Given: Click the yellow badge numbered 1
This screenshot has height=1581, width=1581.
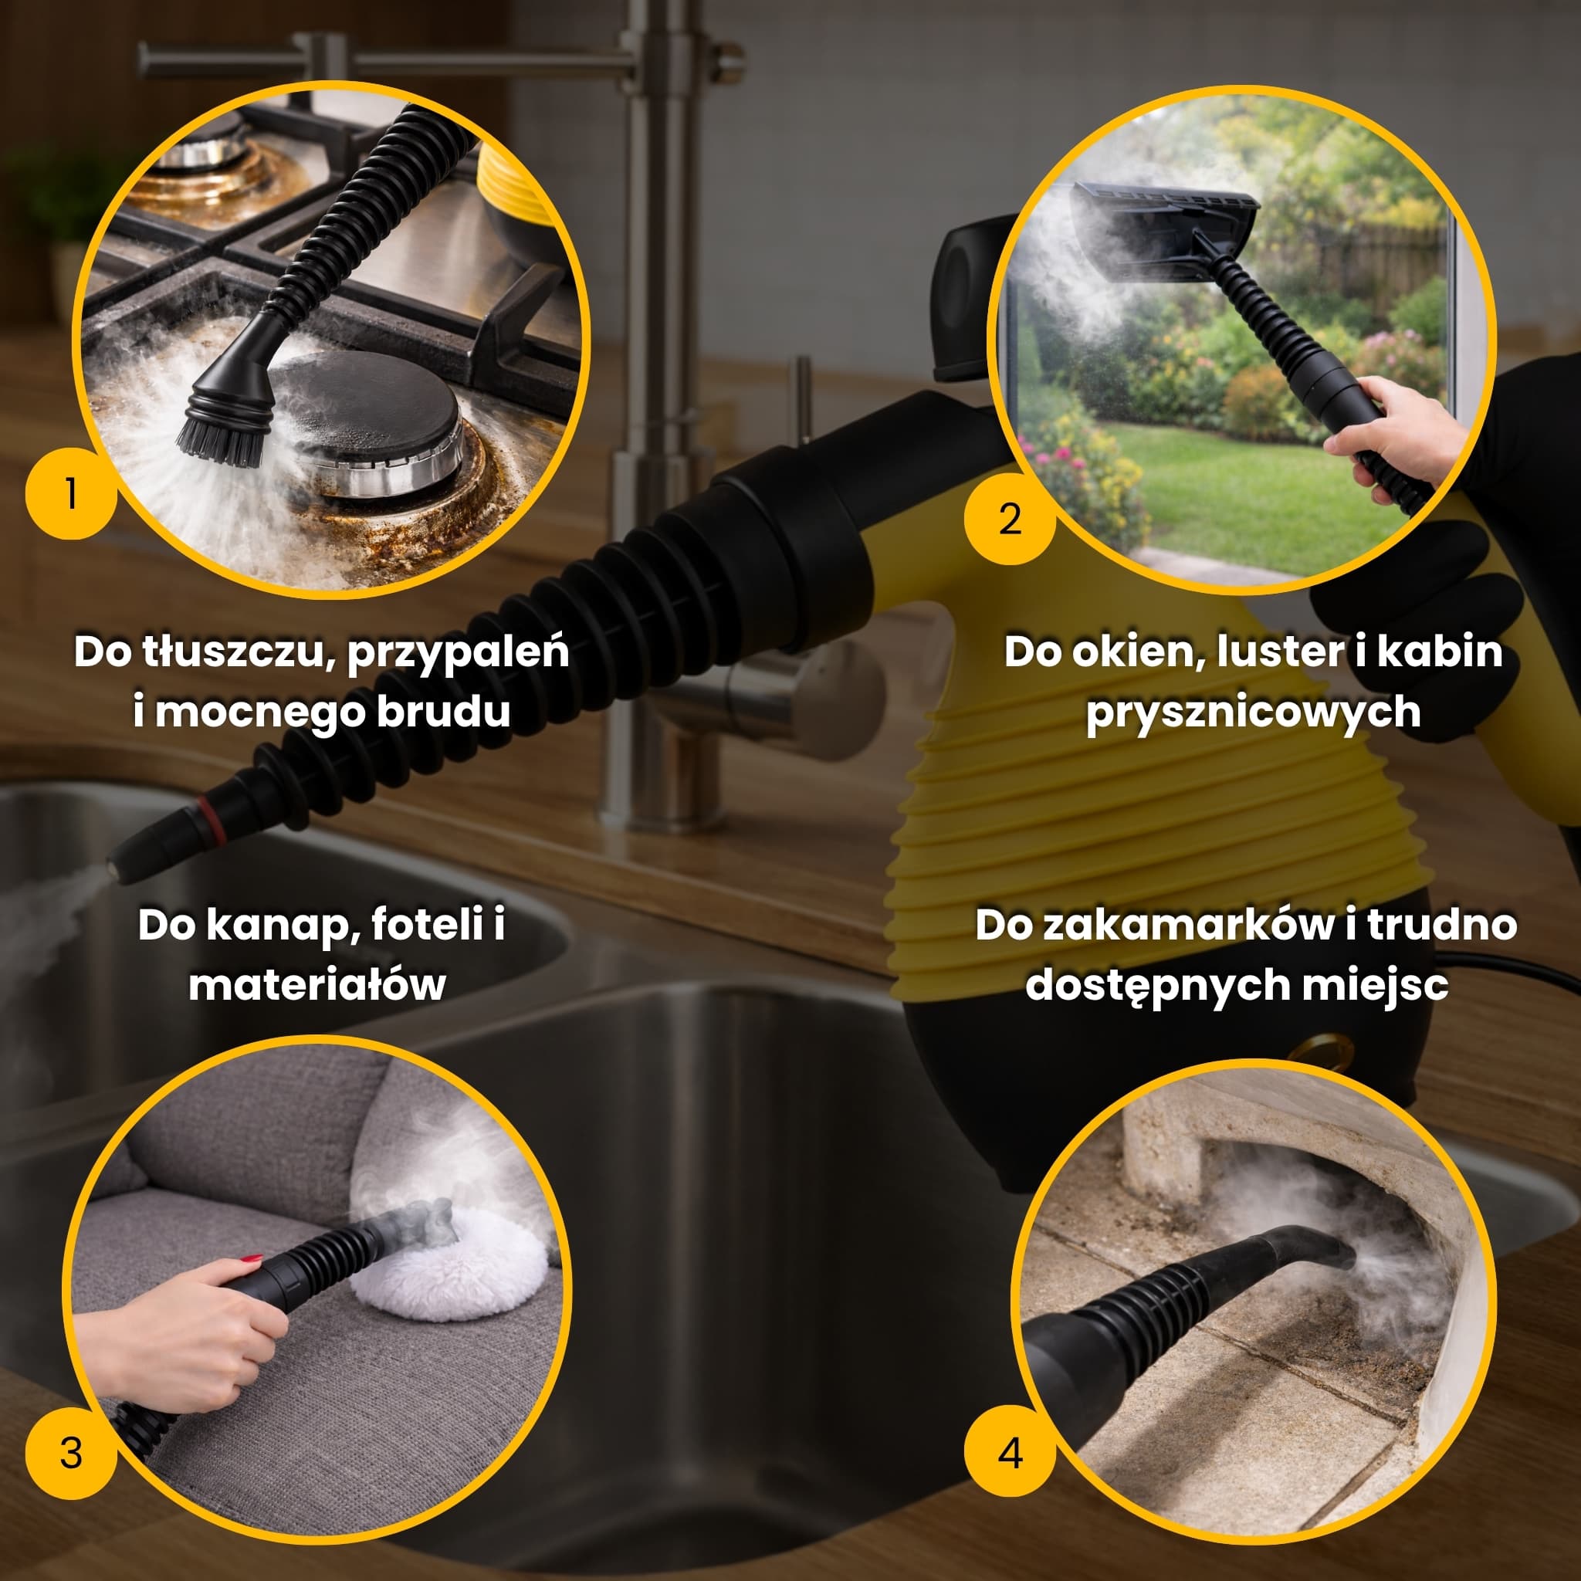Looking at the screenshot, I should pos(71,493).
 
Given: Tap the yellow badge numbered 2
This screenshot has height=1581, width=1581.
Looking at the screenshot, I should pos(1010,519).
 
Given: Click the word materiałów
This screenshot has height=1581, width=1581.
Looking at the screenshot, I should pos(317,985).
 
